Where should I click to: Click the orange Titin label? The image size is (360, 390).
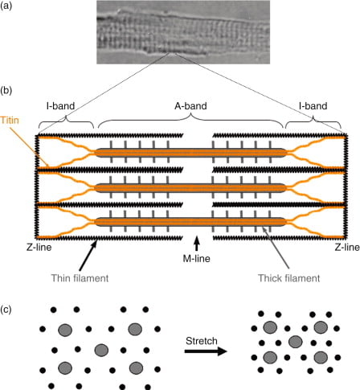click(10, 120)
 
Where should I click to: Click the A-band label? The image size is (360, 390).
click(190, 106)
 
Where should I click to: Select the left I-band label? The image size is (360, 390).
click(60, 106)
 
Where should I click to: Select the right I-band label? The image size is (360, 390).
click(313, 106)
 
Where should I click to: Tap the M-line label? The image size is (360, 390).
click(197, 258)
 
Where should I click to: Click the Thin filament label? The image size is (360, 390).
click(80, 278)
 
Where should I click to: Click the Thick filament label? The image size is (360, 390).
click(289, 278)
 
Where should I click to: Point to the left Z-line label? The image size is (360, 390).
click(39, 247)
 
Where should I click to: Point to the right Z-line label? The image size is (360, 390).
click(347, 247)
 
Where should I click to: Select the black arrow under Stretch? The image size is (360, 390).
click(206, 351)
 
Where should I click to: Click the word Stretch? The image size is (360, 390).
click(202, 341)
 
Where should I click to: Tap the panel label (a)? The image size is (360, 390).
click(6, 6)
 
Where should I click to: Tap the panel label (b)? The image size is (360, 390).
click(6, 91)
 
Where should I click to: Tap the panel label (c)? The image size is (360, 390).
click(6, 310)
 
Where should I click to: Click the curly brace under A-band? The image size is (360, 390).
click(190, 121)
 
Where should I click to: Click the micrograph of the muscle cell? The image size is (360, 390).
click(183, 32)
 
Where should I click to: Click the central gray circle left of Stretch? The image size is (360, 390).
click(101, 350)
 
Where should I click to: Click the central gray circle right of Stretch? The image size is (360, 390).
click(296, 342)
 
